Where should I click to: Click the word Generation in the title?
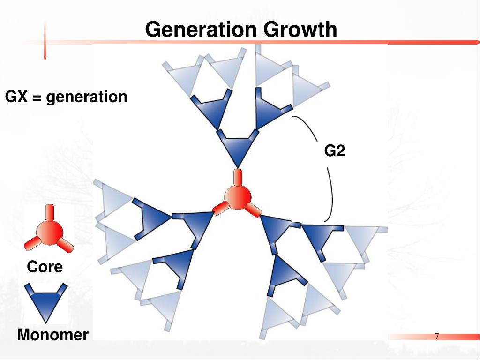201,29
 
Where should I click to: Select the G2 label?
335,151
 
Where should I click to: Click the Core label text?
45,267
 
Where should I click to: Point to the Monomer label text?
52,335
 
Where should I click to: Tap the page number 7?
437,336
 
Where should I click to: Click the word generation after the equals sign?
87,97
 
